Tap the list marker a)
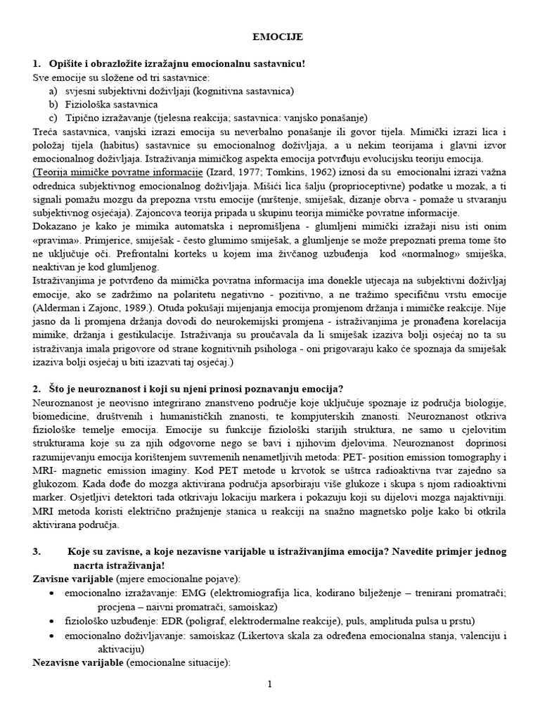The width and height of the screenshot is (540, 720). pos(53,91)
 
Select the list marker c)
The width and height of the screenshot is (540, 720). pos(53,117)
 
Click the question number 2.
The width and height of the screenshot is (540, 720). pos(37,388)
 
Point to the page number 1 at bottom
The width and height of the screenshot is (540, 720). pos(270,683)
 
